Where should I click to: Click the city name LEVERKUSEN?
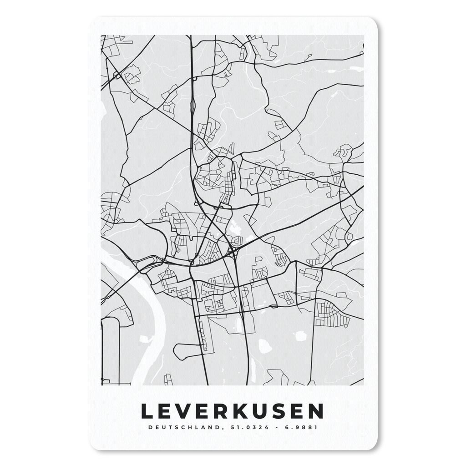point(232,411)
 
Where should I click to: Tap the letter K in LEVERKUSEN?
point(242,411)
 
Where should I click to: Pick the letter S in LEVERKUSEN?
point(281,411)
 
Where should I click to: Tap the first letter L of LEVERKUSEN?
point(146,411)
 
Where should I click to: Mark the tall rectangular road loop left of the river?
point(110,350)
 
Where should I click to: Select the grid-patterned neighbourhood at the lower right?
point(330,314)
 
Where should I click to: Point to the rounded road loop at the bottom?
point(187,351)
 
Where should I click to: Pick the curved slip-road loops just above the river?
point(150,263)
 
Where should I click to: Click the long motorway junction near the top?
point(193,105)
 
